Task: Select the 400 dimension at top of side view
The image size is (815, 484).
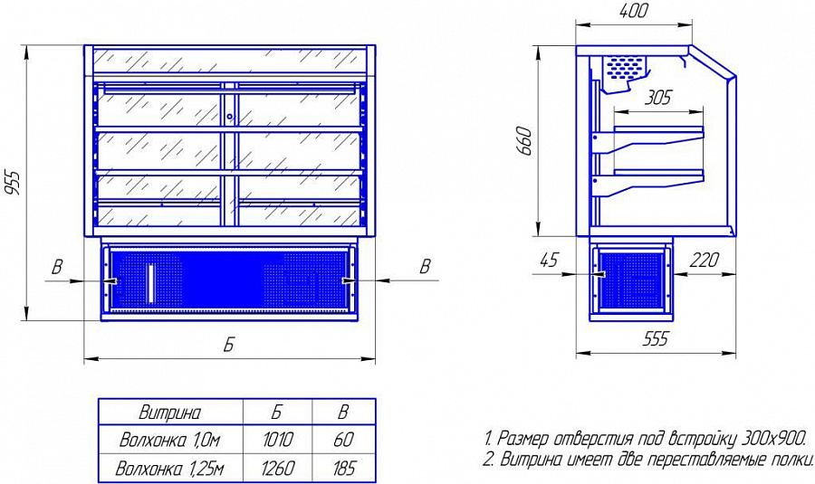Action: coord(634,10)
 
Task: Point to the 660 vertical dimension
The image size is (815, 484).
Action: coord(524,140)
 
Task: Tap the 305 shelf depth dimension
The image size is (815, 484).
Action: coord(658,98)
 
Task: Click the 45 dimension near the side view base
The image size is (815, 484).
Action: coord(550,259)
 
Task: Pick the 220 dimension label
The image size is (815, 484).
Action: coord(704,260)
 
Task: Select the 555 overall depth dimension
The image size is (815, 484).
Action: coord(655,338)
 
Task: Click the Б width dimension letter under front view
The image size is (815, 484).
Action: coord(229,345)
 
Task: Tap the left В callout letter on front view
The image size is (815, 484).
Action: coord(57,267)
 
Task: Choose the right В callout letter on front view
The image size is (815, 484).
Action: coord(426,266)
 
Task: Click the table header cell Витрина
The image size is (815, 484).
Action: coord(170,413)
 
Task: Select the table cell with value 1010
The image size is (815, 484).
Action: coord(278,441)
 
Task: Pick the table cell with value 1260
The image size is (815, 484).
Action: coord(278,469)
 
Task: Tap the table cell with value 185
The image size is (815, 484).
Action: coord(344,469)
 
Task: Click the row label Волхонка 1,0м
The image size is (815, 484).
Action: coord(170,441)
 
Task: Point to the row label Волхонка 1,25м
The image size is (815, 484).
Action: coord(170,469)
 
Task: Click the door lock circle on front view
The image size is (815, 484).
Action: coord(229,117)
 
